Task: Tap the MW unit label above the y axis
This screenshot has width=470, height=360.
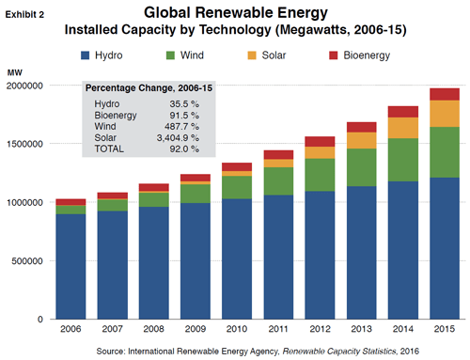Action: pyautogui.click(x=14, y=71)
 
